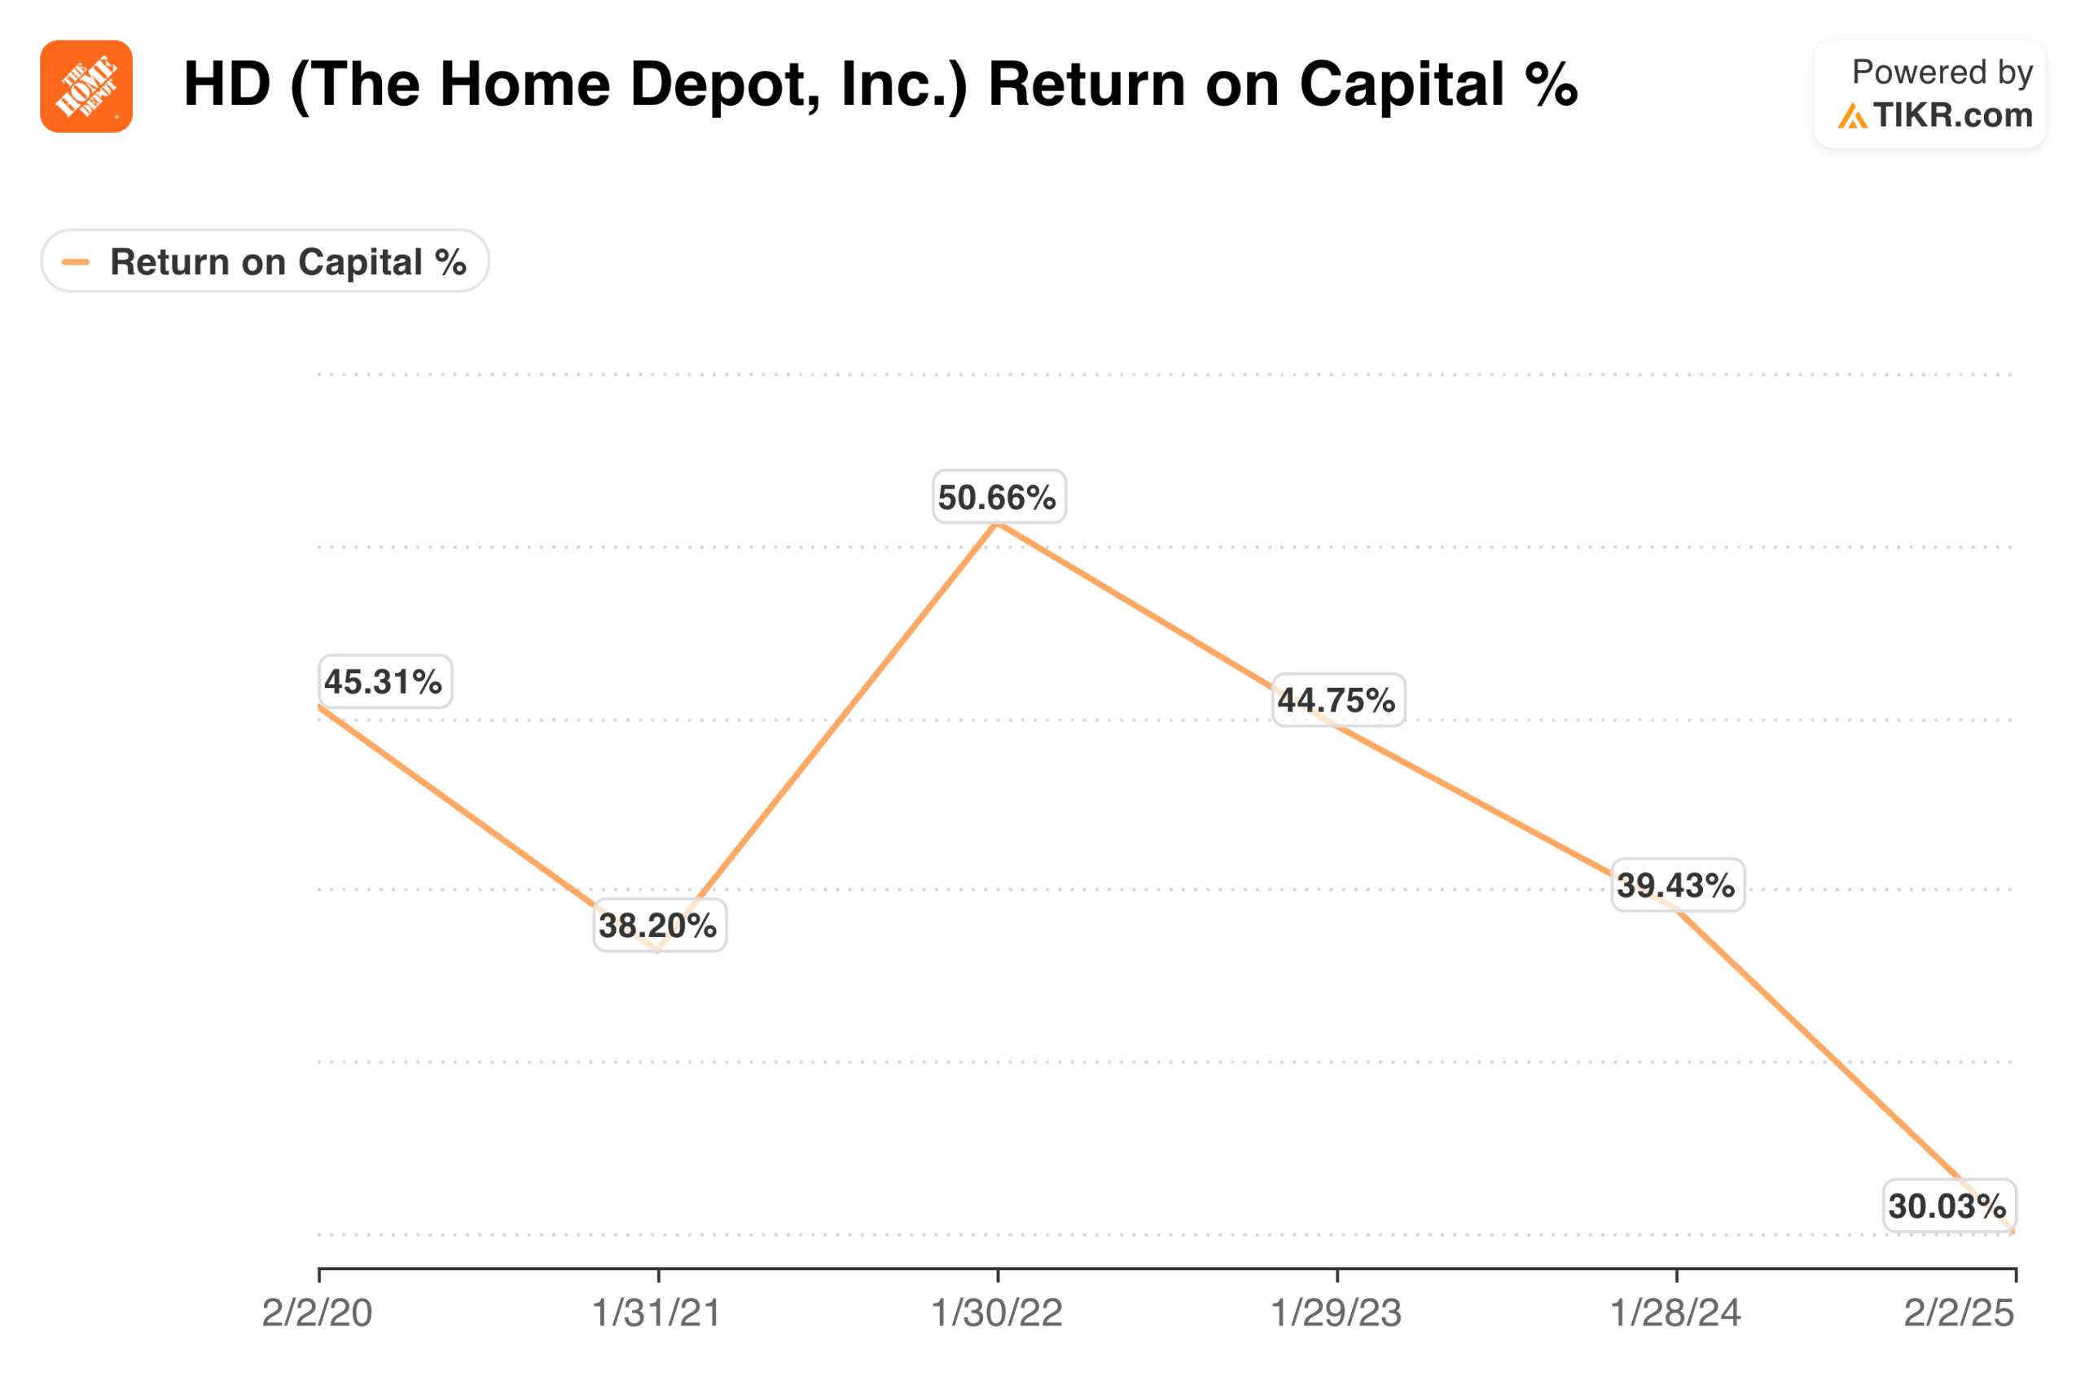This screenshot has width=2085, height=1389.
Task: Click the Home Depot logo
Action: click(x=86, y=86)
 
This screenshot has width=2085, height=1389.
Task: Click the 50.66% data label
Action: click(x=998, y=497)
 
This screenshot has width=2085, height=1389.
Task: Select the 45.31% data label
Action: click(x=384, y=681)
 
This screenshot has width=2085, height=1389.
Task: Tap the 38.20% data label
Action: click(x=658, y=925)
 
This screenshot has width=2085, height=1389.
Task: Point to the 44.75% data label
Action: click(x=1337, y=700)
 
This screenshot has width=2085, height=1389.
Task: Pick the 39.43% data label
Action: click(x=1676, y=885)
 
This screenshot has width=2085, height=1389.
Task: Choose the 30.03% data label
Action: click(x=1947, y=1206)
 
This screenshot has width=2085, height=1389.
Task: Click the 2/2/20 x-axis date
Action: click(x=317, y=1312)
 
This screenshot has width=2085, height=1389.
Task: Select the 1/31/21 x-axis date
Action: click(x=656, y=1312)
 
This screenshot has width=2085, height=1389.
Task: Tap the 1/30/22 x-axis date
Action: click(x=997, y=1312)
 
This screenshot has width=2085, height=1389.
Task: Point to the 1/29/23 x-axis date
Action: click(x=1337, y=1312)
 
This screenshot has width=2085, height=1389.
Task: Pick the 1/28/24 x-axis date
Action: click(x=1675, y=1312)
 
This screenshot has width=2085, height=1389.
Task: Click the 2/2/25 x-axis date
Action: click(x=1960, y=1312)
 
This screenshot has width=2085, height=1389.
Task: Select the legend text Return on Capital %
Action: click(x=288, y=262)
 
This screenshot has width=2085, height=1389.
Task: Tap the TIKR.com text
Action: click(x=1953, y=115)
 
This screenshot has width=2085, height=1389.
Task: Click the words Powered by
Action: click(x=1942, y=72)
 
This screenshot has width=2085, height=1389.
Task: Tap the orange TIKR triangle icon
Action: click(x=1852, y=116)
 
